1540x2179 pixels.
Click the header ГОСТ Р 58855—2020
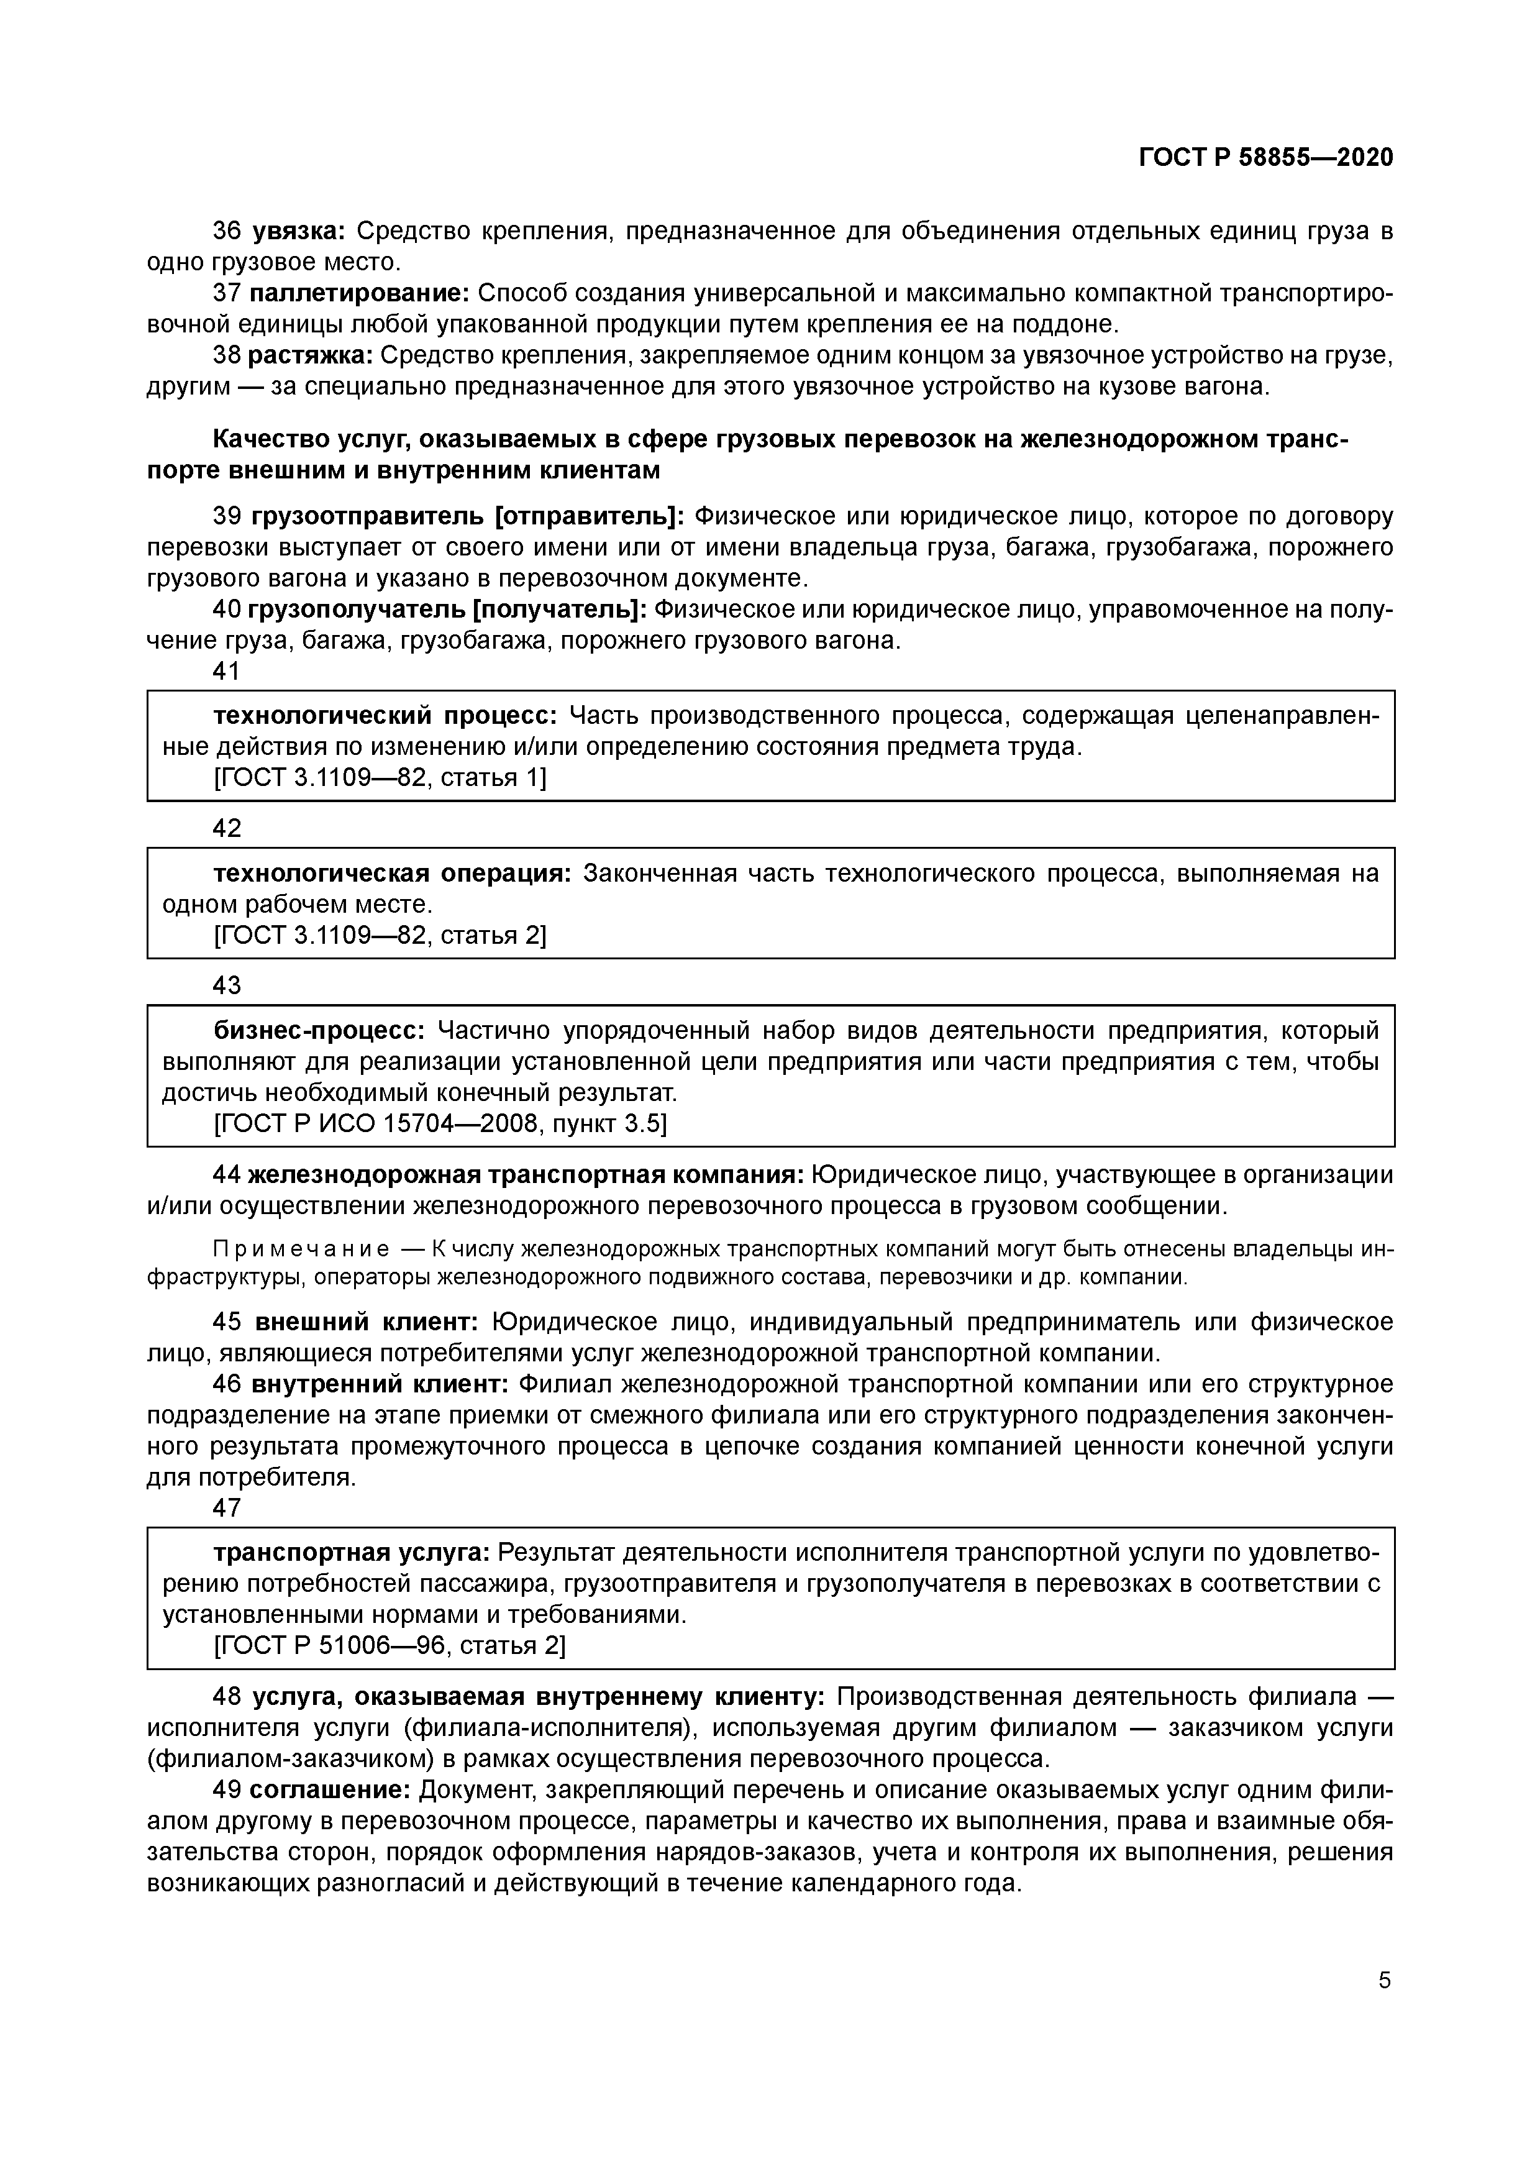pos(1266,158)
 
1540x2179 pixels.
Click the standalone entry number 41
pos(227,672)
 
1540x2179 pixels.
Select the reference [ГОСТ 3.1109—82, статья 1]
pos(380,777)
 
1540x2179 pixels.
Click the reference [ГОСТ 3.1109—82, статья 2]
pos(380,935)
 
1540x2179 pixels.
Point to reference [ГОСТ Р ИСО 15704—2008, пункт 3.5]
pos(440,1123)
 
